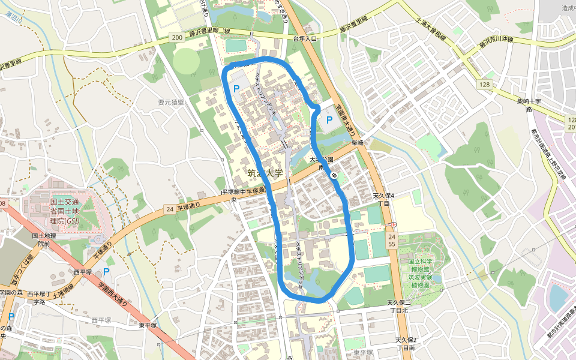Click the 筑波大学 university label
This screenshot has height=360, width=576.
(x=265, y=173)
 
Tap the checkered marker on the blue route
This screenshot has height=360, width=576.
(x=334, y=175)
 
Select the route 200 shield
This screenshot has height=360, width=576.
(x=176, y=38)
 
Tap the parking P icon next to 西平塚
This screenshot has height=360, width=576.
(x=106, y=271)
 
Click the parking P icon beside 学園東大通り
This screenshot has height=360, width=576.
(x=329, y=120)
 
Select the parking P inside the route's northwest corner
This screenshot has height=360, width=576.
(x=236, y=89)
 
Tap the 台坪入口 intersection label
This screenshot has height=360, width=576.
(x=304, y=37)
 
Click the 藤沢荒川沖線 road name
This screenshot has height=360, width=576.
(x=496, y=42)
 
